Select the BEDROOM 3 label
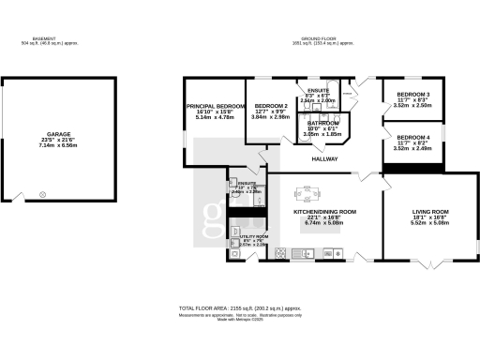pos(413,95)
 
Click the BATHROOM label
pos(322,124)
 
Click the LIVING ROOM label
pos(430,214)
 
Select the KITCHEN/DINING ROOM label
pos(324,213)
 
